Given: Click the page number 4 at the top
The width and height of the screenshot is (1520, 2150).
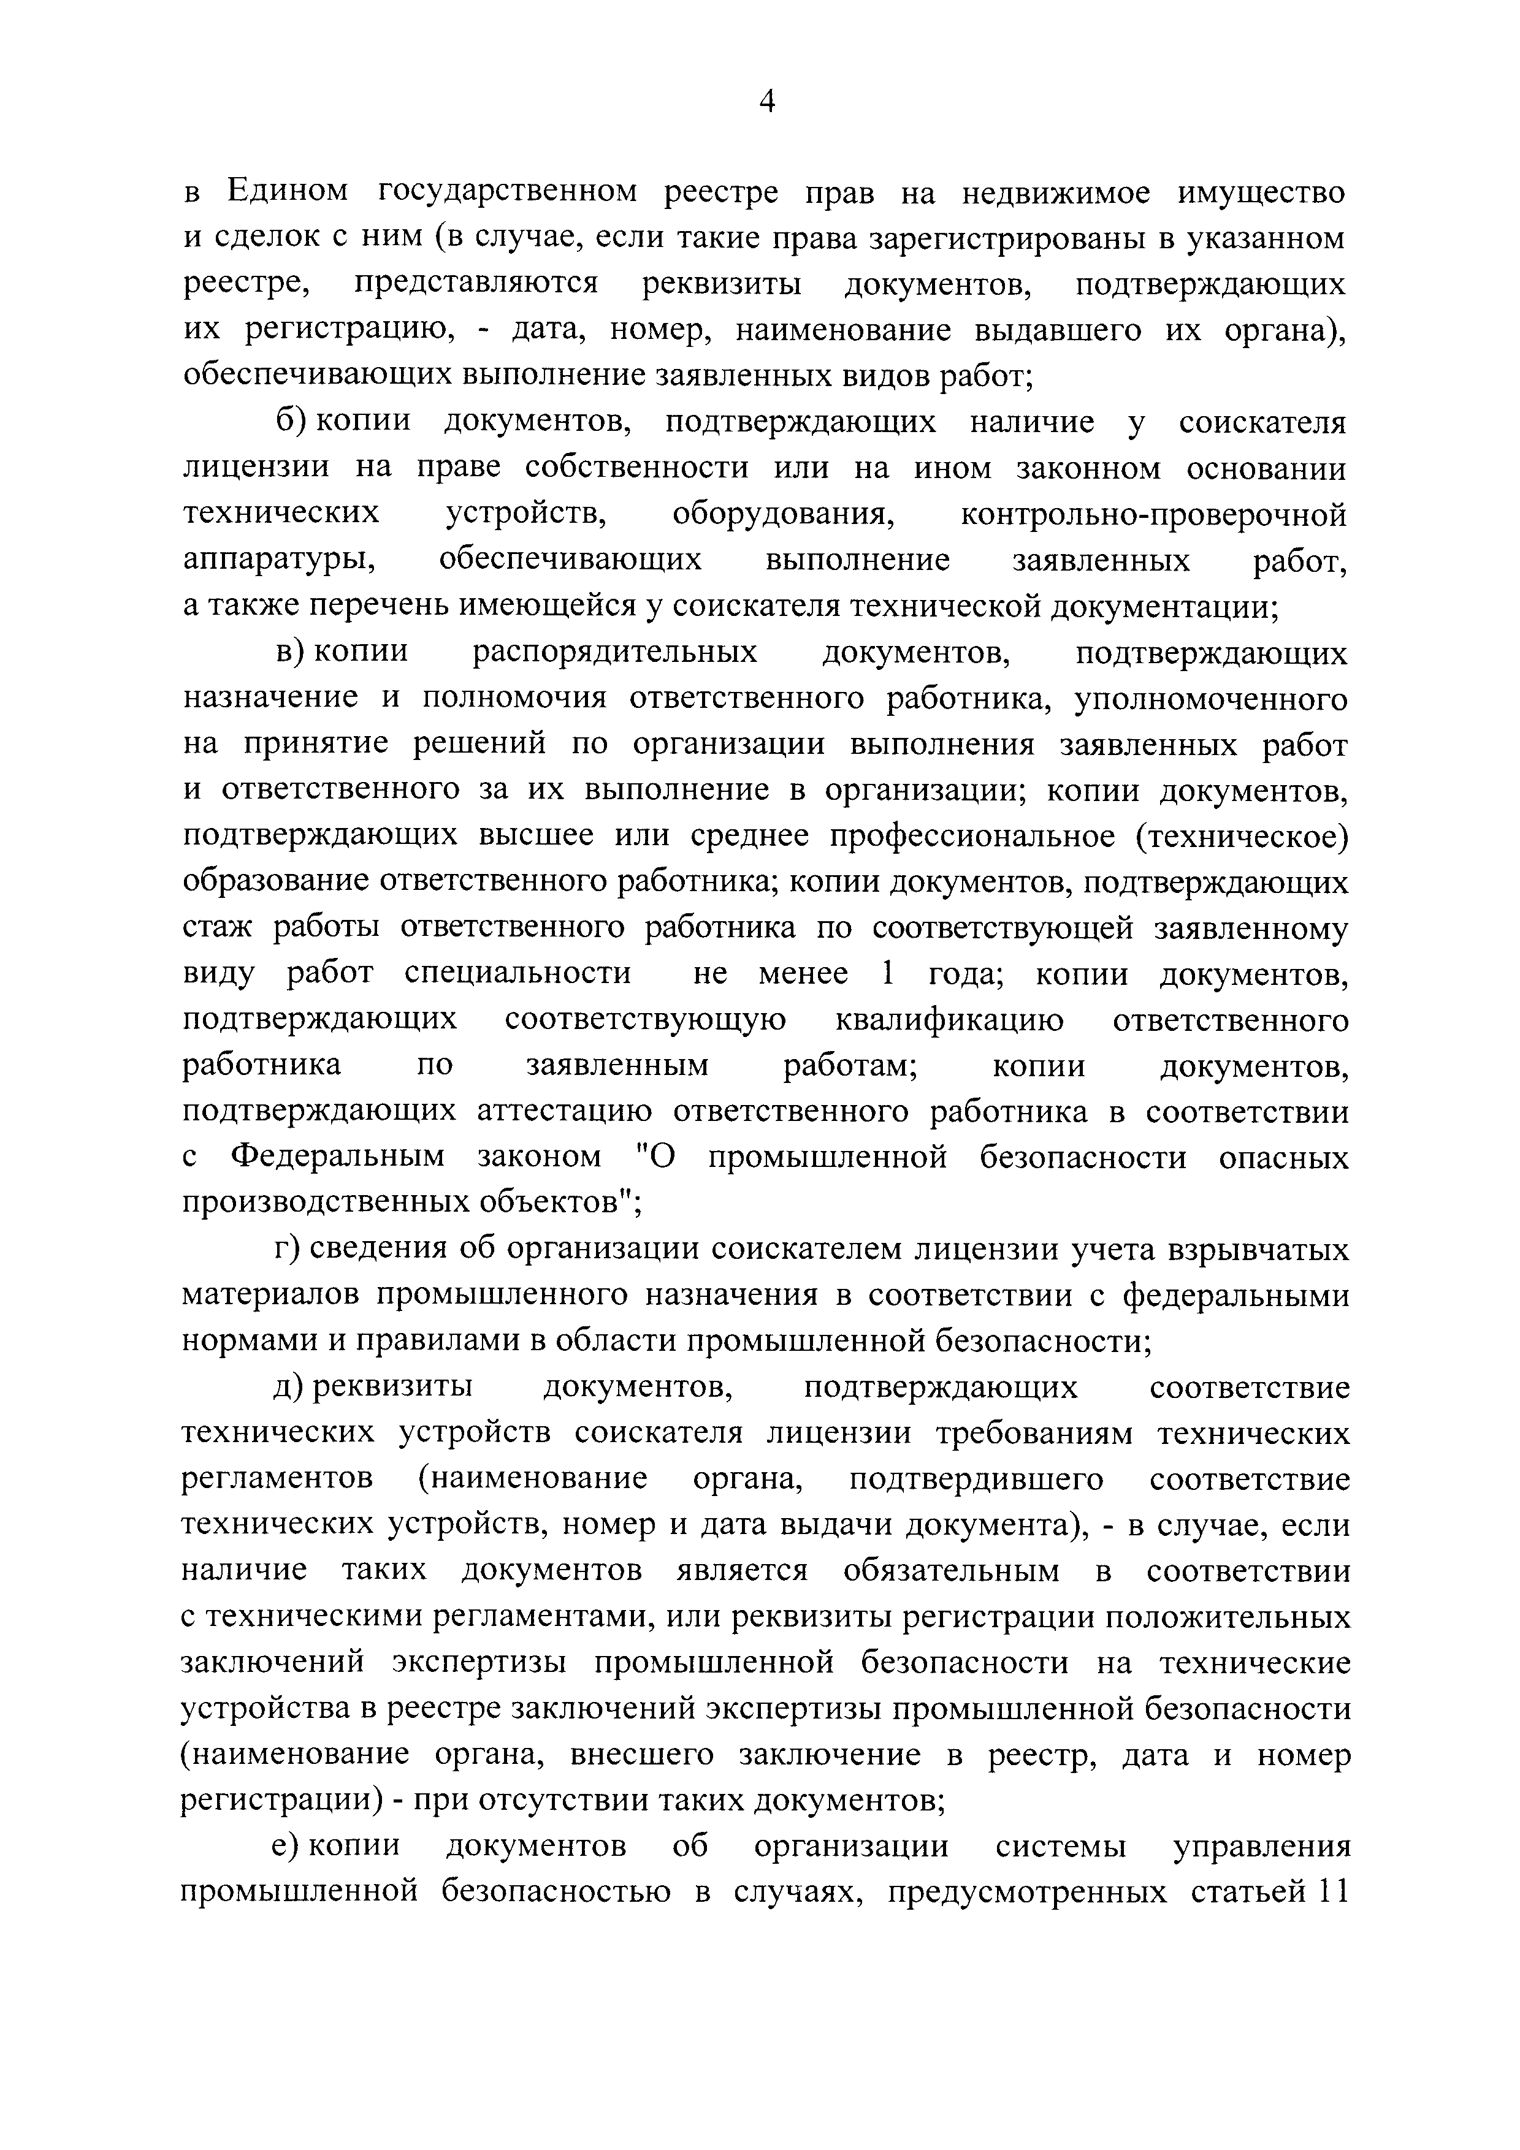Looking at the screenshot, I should tap(766, 101).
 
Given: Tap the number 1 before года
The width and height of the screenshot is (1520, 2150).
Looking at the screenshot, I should tap(886, 973).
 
